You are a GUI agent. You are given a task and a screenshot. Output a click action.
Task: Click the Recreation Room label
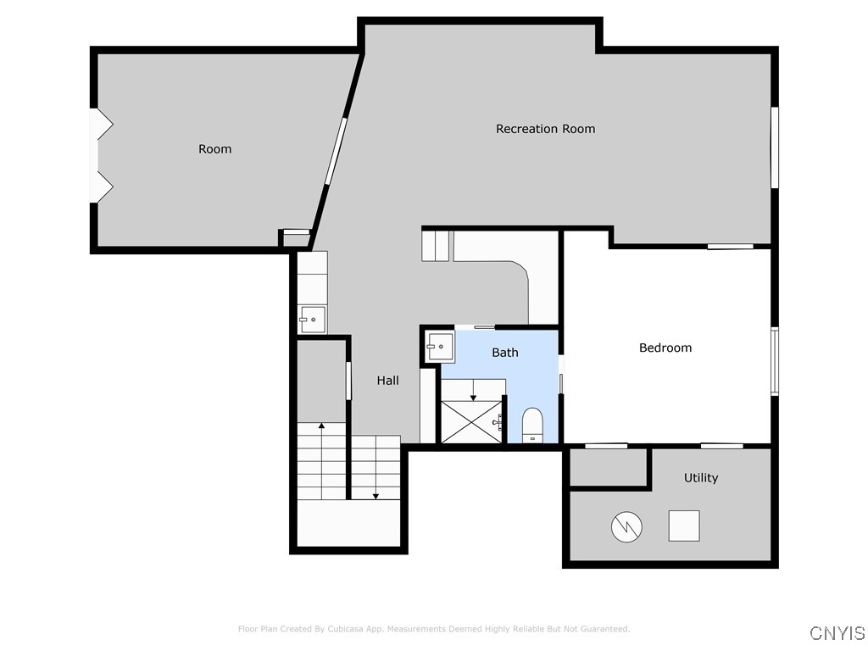545,129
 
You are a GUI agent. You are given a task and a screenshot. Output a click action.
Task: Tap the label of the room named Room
214,149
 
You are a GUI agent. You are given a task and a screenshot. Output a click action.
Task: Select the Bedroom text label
665,348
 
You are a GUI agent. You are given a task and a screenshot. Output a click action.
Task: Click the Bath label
505,353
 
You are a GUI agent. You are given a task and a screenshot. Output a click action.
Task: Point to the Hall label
387,381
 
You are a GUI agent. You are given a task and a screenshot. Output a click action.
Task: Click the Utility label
700,478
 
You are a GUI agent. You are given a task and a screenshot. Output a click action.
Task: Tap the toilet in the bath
532,424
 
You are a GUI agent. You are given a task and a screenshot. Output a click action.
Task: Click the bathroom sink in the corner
440,346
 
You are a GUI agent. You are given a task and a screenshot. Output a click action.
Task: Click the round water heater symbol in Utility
627,526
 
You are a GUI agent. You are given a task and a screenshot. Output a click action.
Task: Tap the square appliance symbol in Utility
684,526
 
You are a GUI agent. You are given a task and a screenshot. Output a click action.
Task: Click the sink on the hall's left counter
312,320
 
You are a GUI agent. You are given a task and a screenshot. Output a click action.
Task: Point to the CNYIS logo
837,633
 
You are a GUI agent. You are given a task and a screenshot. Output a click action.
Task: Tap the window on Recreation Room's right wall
774,147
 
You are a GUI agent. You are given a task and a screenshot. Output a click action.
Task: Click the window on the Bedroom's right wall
774,361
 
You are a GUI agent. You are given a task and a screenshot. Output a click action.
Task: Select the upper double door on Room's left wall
103,125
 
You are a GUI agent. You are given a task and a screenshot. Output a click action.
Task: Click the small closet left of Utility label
608,467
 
